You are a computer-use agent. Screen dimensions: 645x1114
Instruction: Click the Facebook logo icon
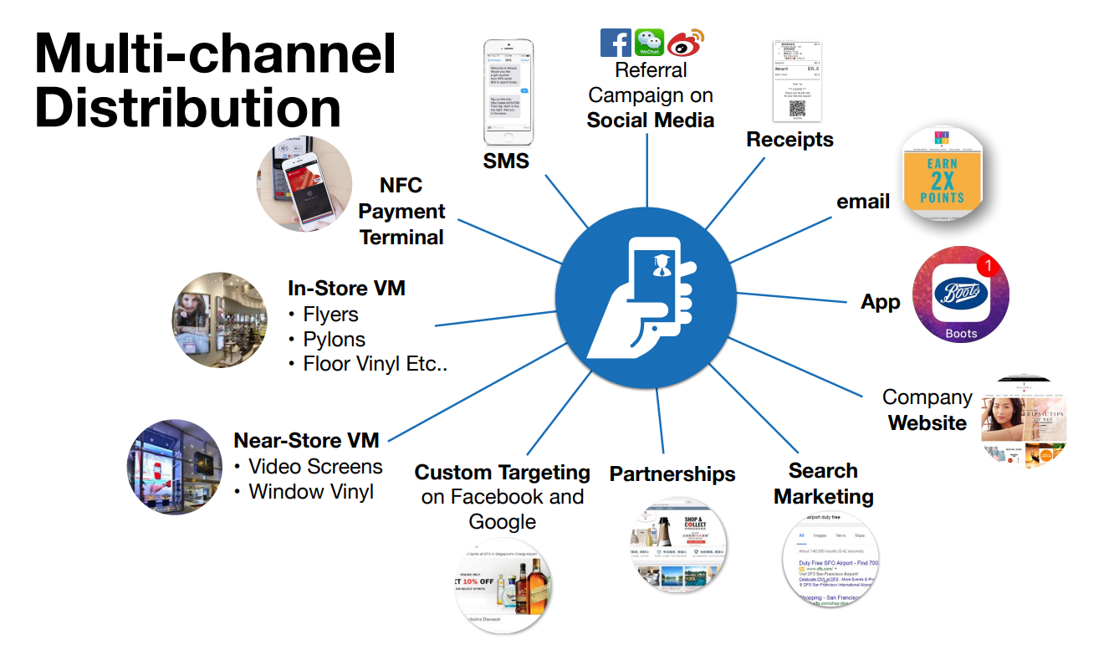(x=616, y=43)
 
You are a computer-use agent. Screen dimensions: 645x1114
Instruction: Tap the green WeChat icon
(x=649, y=43)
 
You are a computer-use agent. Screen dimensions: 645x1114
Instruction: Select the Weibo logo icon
(x=685, y=42)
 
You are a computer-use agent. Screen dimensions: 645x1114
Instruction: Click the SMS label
(x=506, y=161)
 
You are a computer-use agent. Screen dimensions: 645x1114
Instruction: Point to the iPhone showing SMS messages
(x=509, y=91)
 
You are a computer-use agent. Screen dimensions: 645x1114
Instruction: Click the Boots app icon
(x=960, y=294)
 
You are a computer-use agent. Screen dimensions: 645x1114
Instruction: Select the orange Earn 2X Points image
(x=942, y=175)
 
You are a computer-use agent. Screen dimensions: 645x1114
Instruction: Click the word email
(x=863, y=201)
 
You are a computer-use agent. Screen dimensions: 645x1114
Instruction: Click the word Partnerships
(x=672, y=474)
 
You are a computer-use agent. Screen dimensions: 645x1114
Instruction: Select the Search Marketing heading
(x=823, y=484)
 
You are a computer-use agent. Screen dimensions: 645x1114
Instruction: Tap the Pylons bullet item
(x=334, y=340)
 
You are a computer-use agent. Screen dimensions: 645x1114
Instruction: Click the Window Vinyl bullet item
(x=310, y=492)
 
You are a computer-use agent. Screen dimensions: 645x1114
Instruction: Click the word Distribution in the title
(x=188, y=108)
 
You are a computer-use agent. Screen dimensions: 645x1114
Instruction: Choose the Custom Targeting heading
(x=503, y=473)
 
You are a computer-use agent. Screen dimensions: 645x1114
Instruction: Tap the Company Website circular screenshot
(x=1025, y=422)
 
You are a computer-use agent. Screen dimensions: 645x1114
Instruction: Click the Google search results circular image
(x=830, y=559)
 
